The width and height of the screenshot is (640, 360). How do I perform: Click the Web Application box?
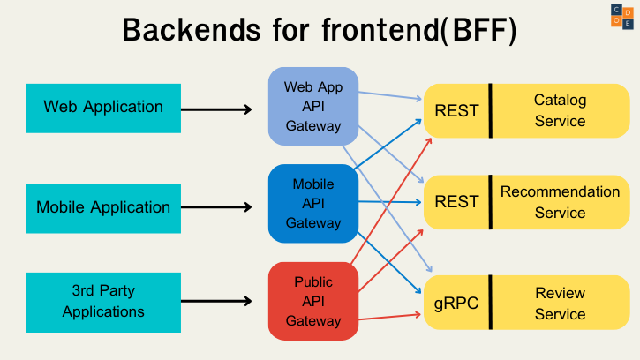(x=103, y=108)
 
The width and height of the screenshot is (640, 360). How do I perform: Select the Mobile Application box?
(x=103, y=208)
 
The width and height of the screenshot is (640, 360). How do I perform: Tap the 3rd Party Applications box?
(x=103, y=301)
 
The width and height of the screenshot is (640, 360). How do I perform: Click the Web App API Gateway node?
(x=313, y=107)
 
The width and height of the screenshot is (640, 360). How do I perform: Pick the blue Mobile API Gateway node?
(x=313, y=204)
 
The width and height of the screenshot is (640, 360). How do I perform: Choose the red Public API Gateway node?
(x=313, y=302)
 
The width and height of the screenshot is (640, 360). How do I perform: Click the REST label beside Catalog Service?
(x=456, y=111)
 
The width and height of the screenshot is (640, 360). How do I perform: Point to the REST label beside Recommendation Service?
(x=456, y=202)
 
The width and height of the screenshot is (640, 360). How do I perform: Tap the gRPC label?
(x=456, y=304)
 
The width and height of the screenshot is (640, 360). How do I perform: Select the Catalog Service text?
(x=560, y=111)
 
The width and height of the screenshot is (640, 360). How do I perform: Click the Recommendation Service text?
(x=560, y=202)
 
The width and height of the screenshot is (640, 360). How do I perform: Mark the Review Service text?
(x=560, y=304)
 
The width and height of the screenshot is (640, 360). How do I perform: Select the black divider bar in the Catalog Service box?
(x=490, y=111)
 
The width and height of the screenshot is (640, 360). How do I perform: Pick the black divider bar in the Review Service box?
(x=490, y=303)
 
